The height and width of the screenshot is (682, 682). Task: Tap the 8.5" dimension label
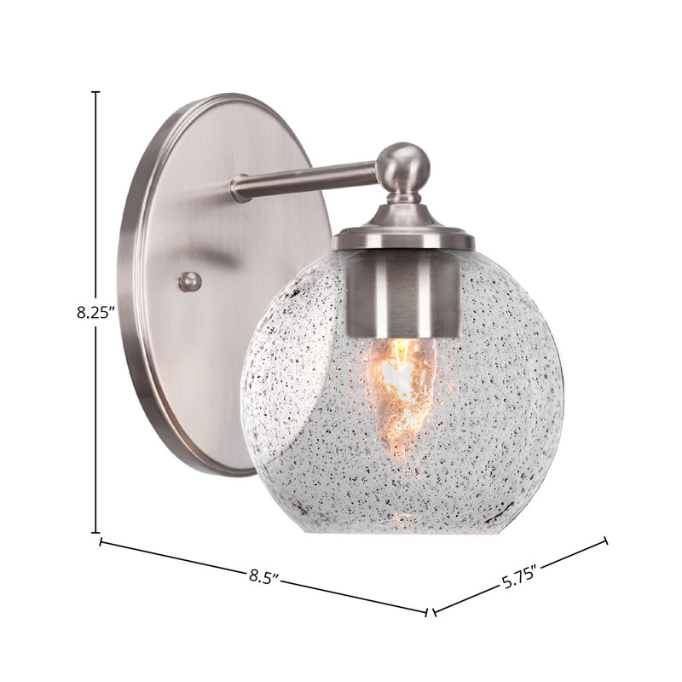point(263,577)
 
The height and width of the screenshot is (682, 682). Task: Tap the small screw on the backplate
point(190,281)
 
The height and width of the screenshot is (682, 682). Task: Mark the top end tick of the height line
point(95,92)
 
